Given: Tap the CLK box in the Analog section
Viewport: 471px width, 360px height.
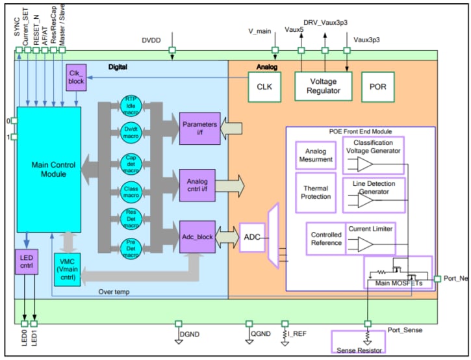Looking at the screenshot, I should (264, 87).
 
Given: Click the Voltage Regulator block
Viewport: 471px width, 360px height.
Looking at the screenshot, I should (323, 87).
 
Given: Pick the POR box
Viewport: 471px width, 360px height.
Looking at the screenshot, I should (377, 87).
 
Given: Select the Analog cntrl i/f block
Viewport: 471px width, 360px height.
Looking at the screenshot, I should (200, 185).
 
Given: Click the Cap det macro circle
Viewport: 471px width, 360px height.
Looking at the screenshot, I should (130, 162).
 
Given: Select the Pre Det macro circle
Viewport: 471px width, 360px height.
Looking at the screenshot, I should (130, 248).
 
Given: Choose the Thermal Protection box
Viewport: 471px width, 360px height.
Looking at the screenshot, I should (315, 192).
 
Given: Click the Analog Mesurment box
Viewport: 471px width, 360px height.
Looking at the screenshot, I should (315, 155).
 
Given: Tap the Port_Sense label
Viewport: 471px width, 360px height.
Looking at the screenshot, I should (405, 330).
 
